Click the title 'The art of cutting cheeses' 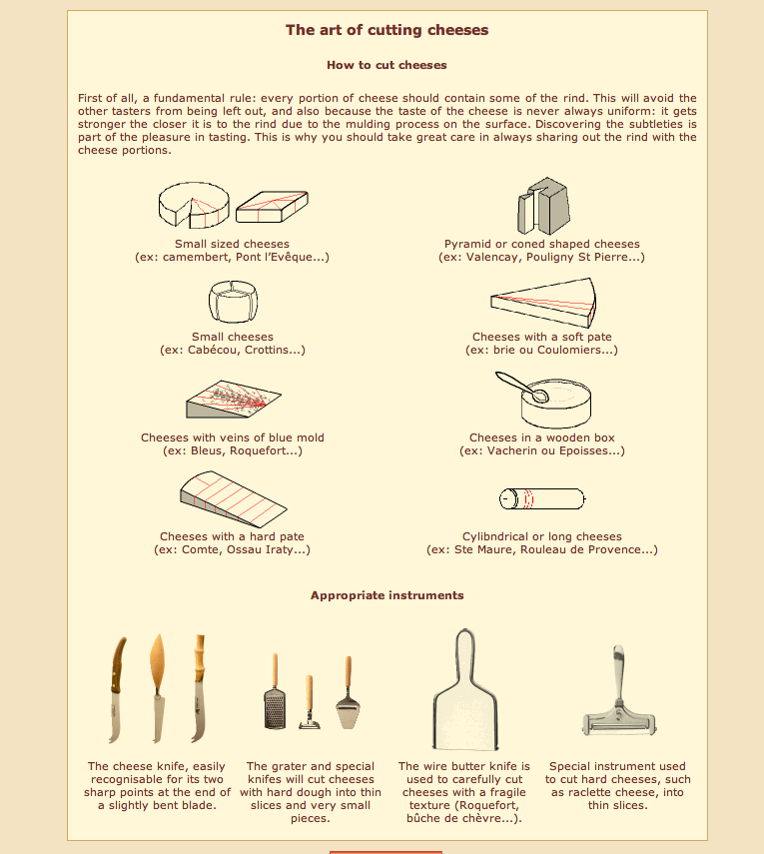coord(386,30)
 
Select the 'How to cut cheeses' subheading coord(386,65)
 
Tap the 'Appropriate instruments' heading coord(386,595)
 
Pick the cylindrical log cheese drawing coord(541,497)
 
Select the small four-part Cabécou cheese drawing coord(232,302)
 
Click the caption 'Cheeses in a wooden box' coord(541,437)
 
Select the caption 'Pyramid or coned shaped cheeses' coord(541,244)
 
